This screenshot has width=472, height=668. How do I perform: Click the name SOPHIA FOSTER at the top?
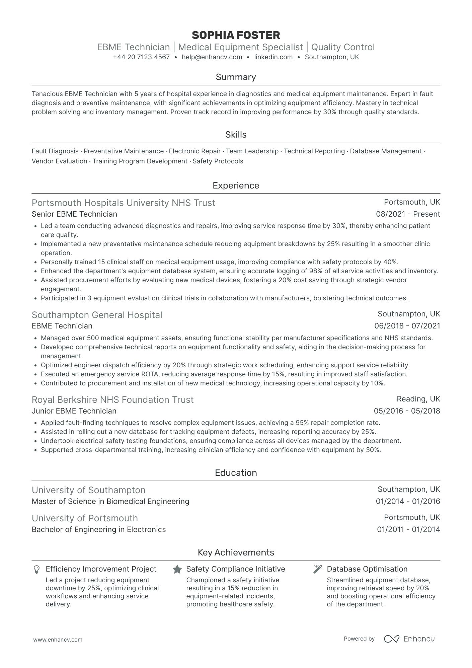pyautogui.click(x=236, y=35)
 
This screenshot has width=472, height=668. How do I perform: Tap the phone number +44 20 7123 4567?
pyautogui.click(x=141, y=57)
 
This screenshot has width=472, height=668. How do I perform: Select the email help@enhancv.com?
pyautogui.click(x=212, y=57)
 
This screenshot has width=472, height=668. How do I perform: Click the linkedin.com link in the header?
pyautogui.click(x=273, y=57)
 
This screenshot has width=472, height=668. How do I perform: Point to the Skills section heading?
pyautogui.click(x=236, y=135)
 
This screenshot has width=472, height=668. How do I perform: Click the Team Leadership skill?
pyautogui.click(x=252, y=151)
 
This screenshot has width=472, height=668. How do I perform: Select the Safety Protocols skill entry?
pyautogui.click(x=218, y=161)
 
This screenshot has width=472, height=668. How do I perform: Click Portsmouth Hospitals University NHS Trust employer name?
pyautogui.click(x=123, y=203)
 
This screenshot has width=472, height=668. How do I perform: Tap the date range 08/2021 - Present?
pyautogui.click(x=408, y=214)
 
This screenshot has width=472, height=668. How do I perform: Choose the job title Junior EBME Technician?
pyautogui.click(x=74, y=411)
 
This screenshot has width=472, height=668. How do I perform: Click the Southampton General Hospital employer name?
pyautogui.click(x=97, y=315)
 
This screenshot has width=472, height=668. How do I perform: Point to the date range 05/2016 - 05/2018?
pyautogui.click(x=407, y=411)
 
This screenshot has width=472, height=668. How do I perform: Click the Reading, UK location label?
pyautogui.click(x=418, y=399)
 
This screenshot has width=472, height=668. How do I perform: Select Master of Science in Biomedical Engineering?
pyautogui.click(x=110, y=502)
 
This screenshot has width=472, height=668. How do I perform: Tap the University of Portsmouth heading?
pyautogui.click(x=85, y=518)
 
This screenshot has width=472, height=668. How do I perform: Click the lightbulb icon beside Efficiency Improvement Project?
pyautogui.click(x=37, y=570)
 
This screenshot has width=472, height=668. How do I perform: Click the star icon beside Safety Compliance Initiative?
pyautogui.click(x=177, y=570)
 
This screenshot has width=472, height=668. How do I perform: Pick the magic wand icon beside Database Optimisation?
pyautogui.click(x=318, y=569)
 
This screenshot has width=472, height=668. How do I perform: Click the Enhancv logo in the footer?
pyautogui.click(x=409, y=639)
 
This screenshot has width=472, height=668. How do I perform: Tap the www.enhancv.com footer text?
pyautogui.click(x=58, y=640)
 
